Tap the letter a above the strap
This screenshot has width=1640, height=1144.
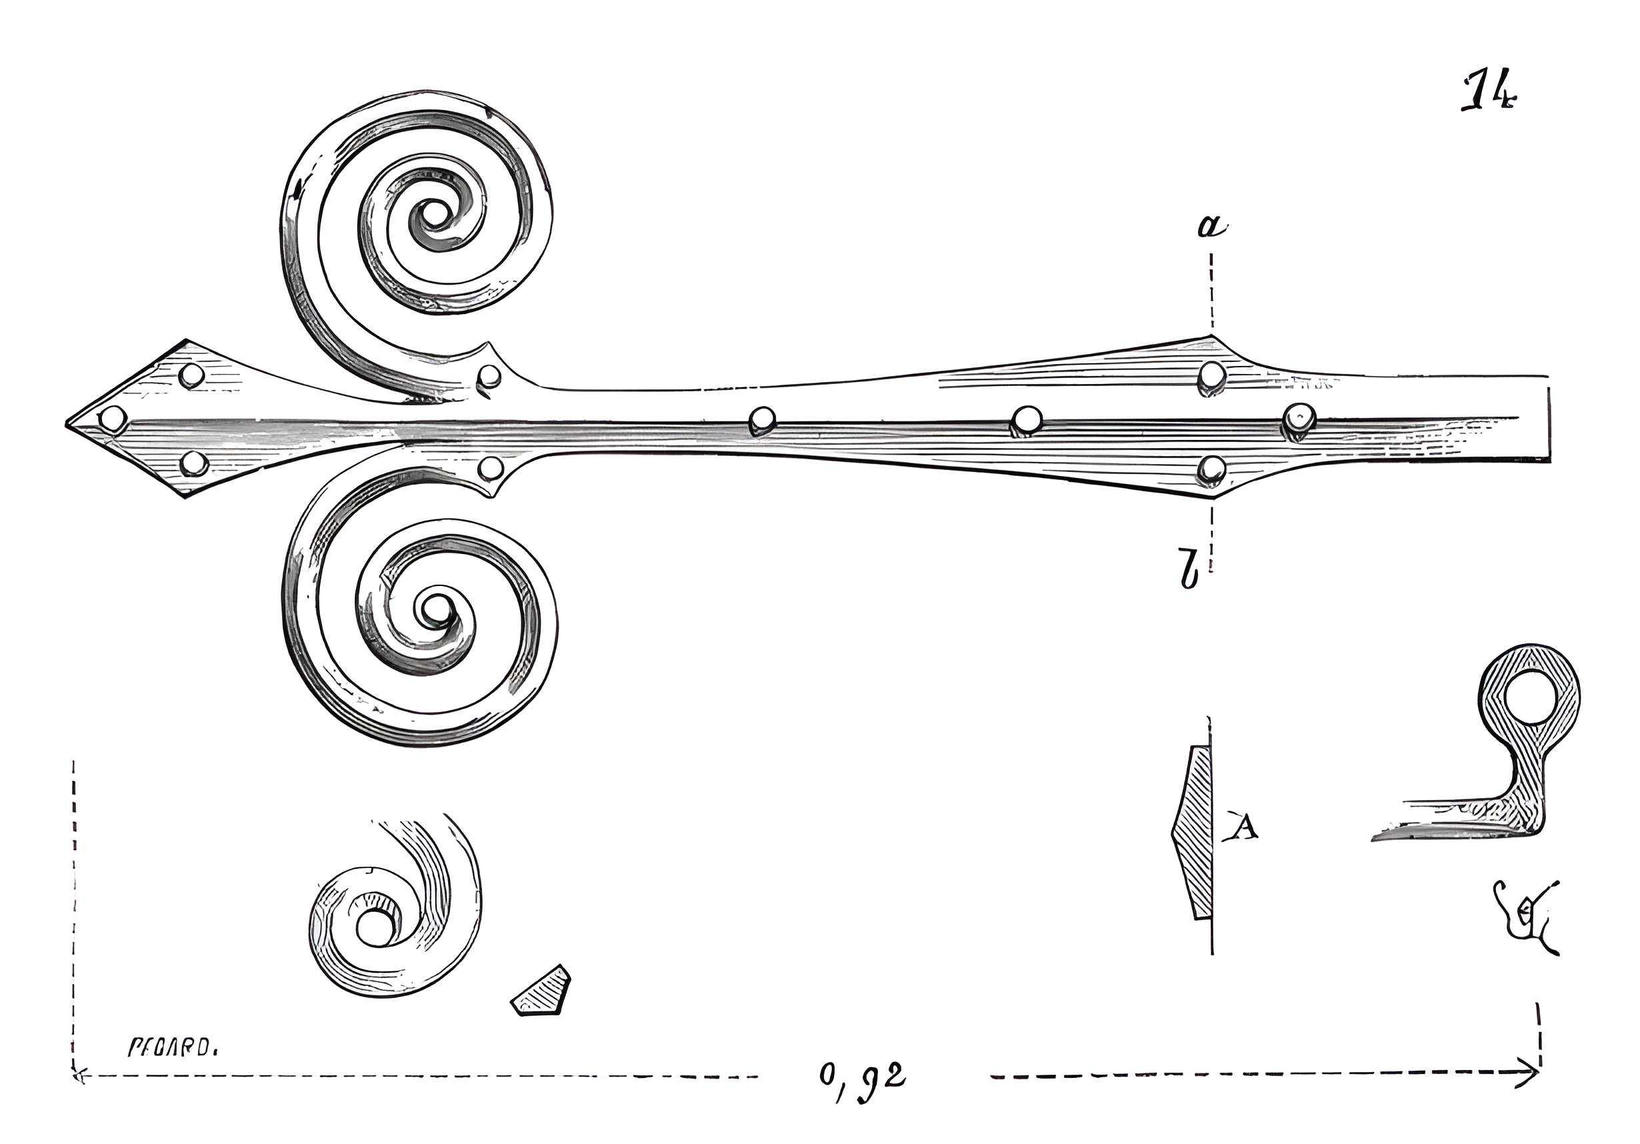[1211, 227]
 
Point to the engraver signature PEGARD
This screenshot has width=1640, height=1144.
[172, 1047]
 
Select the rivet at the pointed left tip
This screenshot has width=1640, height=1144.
[112, 419]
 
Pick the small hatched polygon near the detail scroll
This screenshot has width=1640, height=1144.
[541, 992]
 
